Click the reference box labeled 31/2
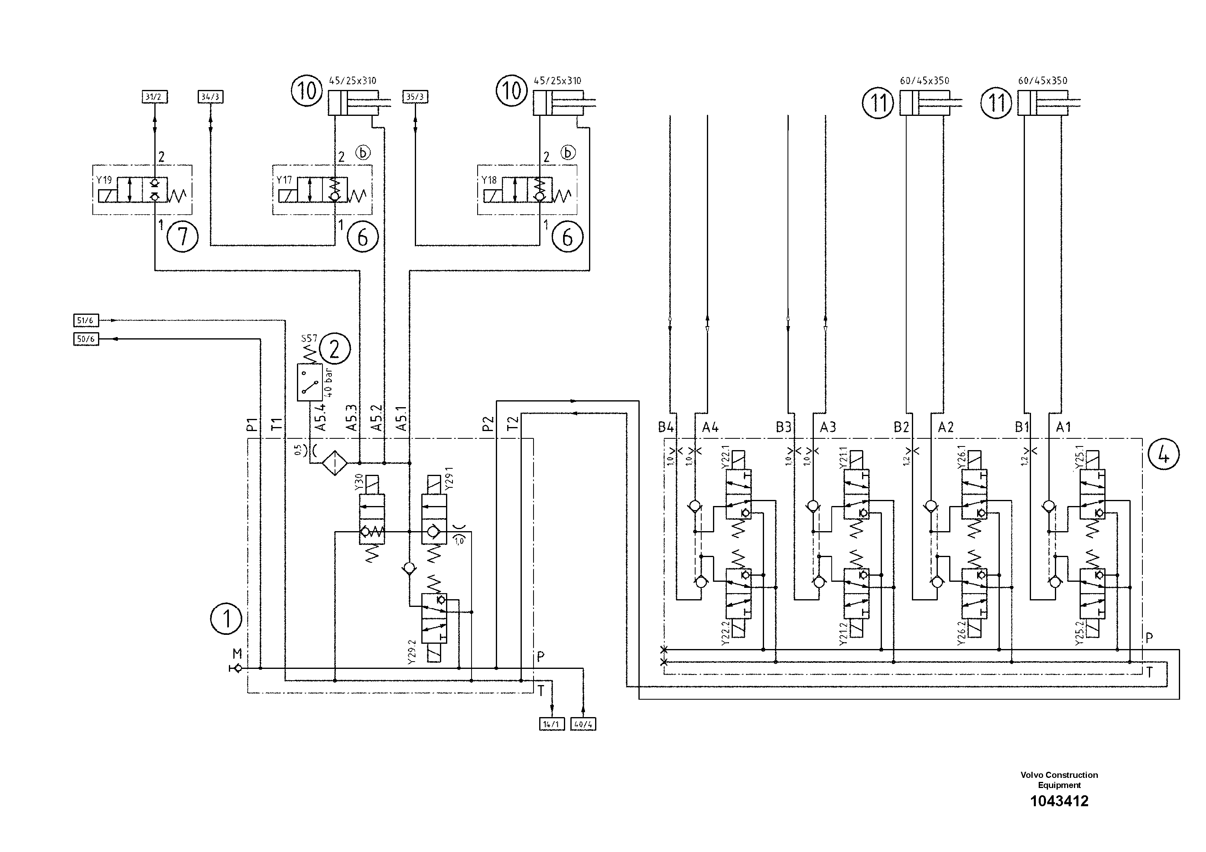pyautogui.click(x=154, y=97)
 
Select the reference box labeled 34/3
pyautogui.click(x=211, y=97)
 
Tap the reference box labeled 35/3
pyautogui.click(x=415, y=97)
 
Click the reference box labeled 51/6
pyautogui.click(x=85, y=320)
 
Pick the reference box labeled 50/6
pyautogui.click(x=85, y=340)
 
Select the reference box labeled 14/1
pyautogui.click(x=551, y=724)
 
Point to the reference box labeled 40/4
pyautogui.click(x=583, y=724)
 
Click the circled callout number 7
pyautogui.click(x=182, y=237)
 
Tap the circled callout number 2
pyautogui.click(x=335, y=349)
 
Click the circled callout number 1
pyautogui.click(x=226, y=619)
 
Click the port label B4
pyautogui.click(x=666, y=427)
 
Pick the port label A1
pyautogui.click(x=1063, y=427)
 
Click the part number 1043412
pyautogui.click(x=1059, y=801)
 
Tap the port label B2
pyautogui.click(x=901, y=427)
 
